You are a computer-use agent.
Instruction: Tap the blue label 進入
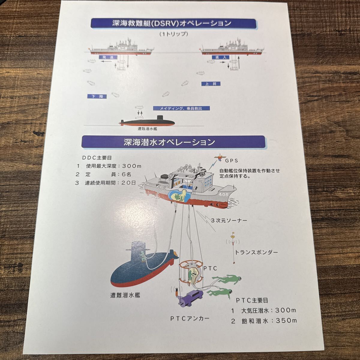tap(214, 57)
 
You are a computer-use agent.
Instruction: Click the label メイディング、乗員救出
tap(181, 108)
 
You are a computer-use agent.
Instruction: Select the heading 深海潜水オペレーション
tap(169, 142)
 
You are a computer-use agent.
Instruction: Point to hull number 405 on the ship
tap(224, 194)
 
